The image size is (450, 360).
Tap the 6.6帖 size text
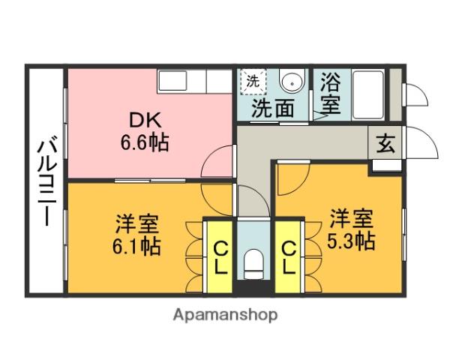click(x=144, y=142)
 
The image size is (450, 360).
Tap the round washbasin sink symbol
click(x=290, y=82)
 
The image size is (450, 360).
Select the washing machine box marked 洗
click(x=253, y=81)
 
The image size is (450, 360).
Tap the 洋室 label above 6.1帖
click(x=137, y=223)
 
